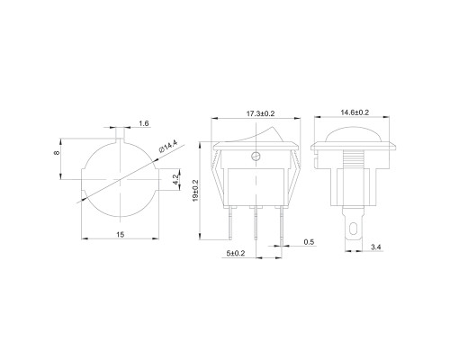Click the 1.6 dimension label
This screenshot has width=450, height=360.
144,123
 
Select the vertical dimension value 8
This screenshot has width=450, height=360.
57,153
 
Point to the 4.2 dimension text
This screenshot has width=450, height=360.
176,179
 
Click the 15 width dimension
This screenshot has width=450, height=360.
120,234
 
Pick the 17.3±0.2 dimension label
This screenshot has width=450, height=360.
260,113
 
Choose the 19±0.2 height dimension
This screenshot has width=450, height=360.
195,191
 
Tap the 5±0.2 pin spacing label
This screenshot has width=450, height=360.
236,253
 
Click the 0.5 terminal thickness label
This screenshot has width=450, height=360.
309,242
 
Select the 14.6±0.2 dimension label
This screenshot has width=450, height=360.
355,112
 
